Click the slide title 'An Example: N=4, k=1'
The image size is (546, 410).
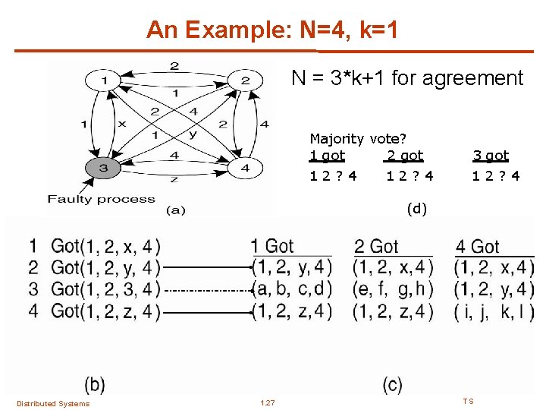click(x=271, y=30)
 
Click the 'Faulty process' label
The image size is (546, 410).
click(x=101, y=200)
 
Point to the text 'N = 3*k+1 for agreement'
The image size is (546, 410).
click(x=408, y=78)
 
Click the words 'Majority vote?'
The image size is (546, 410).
click(x=358, y=139)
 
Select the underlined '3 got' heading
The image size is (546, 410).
click(x=491, y=156)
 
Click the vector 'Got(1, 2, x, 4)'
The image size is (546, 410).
click(x=105, y=246)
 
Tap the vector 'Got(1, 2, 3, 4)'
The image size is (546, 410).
click(x=105, y=289)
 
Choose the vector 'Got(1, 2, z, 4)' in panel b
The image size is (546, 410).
click(x=105, y=311)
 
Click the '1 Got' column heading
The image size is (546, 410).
click(x=272, y=246)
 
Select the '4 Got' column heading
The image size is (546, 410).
click(x=478, y=247)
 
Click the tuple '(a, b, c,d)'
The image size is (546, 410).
click(x=292, y=289)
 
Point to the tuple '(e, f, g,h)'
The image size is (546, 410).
click(x=394, y=289)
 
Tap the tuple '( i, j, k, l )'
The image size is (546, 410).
click(x=494, y=311)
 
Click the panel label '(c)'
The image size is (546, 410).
click(x=393, y=384)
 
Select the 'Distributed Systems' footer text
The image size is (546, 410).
click(x=53, y=403)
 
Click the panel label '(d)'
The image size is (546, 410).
click(x=416, y=207)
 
